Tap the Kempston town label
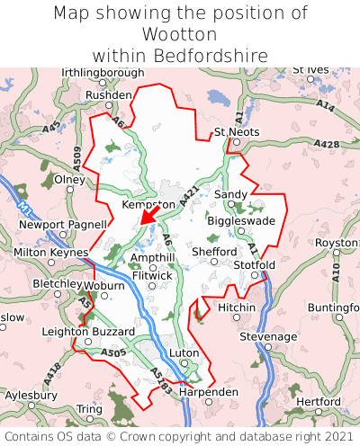148,206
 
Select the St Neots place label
237,132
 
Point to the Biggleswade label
241,220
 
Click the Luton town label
184,353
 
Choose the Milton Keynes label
49,254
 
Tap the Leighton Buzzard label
81,332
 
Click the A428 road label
328,144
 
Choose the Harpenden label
209,392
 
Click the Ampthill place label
153,257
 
